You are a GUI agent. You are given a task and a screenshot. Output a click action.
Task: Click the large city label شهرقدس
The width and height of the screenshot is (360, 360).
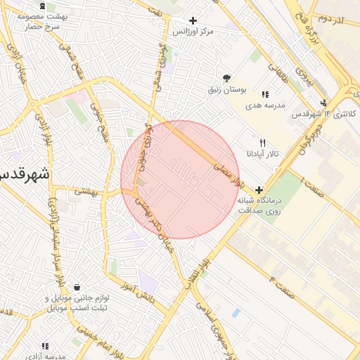25,174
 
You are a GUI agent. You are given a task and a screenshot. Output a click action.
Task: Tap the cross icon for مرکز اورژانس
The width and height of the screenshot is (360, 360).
193,20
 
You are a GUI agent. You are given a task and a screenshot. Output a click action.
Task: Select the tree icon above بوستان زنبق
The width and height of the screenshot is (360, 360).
226,78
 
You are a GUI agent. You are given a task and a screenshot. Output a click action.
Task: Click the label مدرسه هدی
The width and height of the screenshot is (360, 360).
264,105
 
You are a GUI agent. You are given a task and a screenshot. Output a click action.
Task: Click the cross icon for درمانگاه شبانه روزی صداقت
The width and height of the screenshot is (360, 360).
259,190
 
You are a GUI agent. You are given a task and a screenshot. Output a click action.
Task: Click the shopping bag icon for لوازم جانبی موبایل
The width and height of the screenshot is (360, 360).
76,287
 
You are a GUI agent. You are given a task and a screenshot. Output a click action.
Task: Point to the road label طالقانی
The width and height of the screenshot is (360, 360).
295,78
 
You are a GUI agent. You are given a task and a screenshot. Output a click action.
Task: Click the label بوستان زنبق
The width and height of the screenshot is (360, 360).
226,90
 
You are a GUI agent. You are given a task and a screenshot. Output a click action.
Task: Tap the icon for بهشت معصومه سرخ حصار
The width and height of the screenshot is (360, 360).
45,6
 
